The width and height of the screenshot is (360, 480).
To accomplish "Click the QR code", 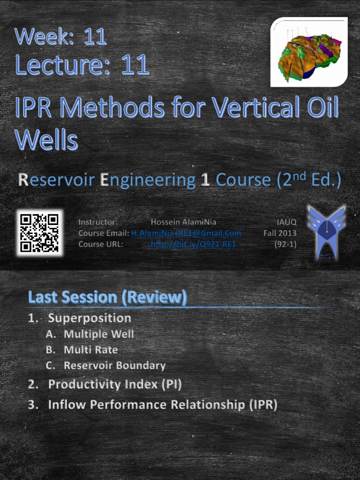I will pos(39,232).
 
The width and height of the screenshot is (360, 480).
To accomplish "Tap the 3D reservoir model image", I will pos(309,52).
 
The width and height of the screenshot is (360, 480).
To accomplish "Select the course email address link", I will pos(186,233).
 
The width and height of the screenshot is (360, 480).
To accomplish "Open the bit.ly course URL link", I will pos(193,244).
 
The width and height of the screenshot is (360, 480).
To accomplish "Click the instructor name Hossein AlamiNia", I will pos(183,222).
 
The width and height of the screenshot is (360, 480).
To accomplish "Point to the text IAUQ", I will pos(286,222).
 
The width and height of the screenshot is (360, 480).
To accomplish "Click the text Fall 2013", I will pos(280,233).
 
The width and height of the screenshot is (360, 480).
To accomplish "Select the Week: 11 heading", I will pos(61,37).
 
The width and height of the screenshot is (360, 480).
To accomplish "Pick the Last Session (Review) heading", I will pos(107,297).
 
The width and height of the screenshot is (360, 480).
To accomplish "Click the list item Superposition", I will pos(90,318).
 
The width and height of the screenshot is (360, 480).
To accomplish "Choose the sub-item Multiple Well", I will pos(99,334).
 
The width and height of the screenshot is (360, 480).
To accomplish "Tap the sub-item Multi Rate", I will pos(91,350).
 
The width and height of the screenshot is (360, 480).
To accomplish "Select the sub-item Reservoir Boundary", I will pos(114,366).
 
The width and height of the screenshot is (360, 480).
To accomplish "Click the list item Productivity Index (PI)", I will pos(115,385).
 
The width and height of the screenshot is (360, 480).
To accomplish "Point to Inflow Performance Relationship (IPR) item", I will pos(163,405).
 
